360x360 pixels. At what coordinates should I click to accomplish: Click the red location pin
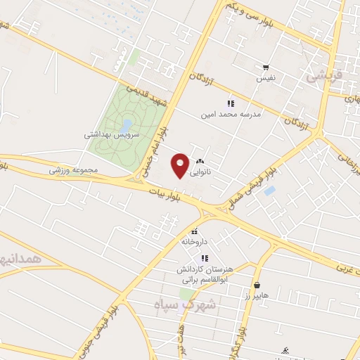[x=180, y=165]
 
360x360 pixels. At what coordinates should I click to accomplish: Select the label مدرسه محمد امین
[x=231, y=113]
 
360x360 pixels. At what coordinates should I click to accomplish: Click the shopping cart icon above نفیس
[x=266, y=68]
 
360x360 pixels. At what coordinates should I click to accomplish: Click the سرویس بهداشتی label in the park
[x=112, y=133]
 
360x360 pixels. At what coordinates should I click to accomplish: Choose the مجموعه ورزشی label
[x=71, y=169]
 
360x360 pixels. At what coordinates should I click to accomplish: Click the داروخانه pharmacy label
[x=195, y=241]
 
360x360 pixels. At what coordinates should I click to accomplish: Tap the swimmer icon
[x=284, y=349]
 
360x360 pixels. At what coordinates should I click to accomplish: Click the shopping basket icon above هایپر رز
[x=258, y=285]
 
